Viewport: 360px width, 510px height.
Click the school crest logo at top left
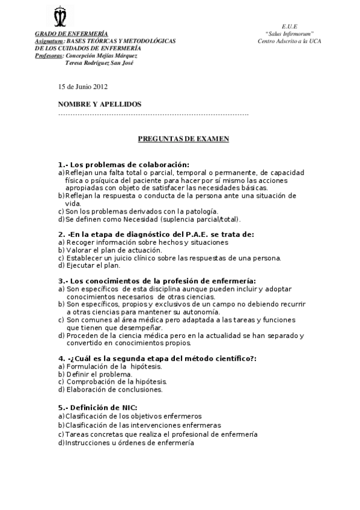tap(60, 17)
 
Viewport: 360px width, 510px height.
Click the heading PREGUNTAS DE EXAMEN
tap(183, 139)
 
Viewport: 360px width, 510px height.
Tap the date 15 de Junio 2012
tap(83, 86)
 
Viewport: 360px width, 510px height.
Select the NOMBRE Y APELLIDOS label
tap(100, 104)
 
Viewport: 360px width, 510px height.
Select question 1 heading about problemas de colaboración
tap(124, 165)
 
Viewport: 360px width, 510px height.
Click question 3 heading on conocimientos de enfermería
tap(157, 281)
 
